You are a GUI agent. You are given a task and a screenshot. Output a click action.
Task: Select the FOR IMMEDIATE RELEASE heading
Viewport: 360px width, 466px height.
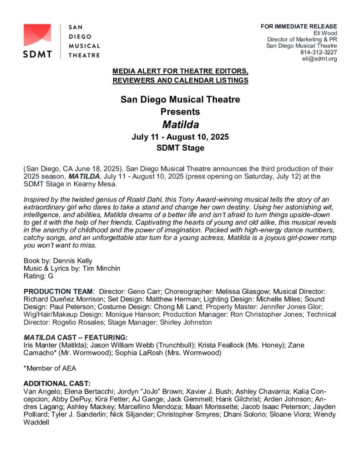[299, 26]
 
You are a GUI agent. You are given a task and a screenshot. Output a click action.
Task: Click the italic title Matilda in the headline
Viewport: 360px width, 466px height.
[180, 124]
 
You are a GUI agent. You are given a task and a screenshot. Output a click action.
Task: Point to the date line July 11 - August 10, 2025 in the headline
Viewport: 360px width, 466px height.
[180, 137]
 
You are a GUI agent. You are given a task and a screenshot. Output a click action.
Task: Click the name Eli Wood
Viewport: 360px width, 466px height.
[325, 33]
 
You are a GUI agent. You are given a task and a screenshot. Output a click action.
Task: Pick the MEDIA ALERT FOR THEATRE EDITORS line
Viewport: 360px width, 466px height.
[180, 71]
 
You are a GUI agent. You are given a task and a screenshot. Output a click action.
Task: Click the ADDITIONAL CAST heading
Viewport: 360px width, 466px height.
[57, 384]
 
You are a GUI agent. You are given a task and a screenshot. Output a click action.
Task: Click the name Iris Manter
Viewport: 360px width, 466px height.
[44, 345]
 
